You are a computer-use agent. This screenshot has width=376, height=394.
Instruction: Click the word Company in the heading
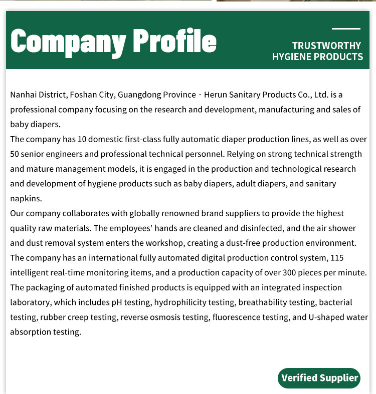click(x=67, y=42)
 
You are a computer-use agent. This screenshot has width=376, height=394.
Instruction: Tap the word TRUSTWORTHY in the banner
click(x=326, y=46)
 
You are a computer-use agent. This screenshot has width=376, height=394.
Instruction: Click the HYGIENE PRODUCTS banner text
click(x=317, y=57)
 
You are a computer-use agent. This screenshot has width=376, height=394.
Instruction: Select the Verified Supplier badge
click(x=319, y=377)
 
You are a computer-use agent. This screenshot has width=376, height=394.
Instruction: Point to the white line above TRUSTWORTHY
click(x=346, y=29)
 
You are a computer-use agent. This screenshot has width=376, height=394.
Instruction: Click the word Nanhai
click(x=23, y=95)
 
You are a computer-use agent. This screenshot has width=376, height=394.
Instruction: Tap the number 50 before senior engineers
click(x=15, y=154)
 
